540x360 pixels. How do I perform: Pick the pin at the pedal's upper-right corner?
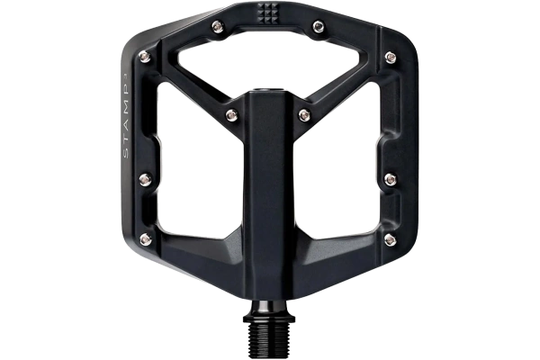(x=390, y=58)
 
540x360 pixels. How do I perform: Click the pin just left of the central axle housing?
(x=232, y=113)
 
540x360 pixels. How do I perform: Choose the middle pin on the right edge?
(x=389, y=178)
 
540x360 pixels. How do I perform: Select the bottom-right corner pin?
(x=389, y=239)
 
